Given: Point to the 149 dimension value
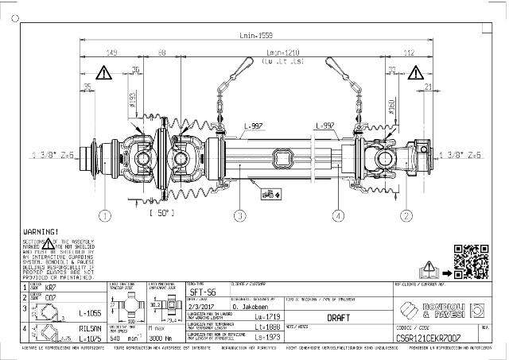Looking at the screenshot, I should point(112,52).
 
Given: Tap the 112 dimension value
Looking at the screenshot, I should point(409,52).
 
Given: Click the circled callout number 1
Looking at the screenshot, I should point(103,215).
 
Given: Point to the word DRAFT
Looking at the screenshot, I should point(339,316).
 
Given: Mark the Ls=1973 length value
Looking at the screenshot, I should point(272,336).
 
